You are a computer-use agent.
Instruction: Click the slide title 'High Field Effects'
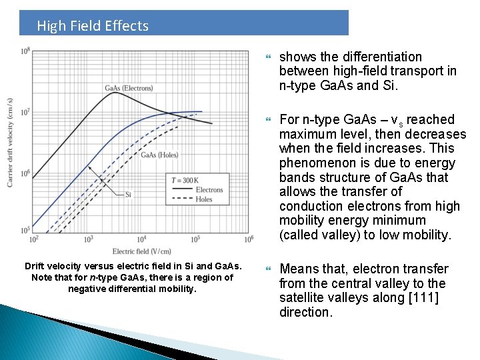[x=93, y=26]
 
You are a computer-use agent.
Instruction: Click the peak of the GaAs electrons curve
[x=116, y=93]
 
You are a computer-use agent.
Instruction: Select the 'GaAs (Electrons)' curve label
[x=129, y=88]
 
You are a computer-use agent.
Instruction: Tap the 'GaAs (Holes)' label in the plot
[x=159, y=155]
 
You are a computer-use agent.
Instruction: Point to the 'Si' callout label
[x=128, y=195]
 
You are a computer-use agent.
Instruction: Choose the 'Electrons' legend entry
[x=209, y=190]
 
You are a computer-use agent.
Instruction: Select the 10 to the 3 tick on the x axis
[x=89, y=239]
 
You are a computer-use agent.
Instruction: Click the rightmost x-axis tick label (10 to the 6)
[x=249, y=239]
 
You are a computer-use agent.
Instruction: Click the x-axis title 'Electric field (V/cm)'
[x=142, y=251]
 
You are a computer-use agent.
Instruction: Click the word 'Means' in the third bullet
[x=297, y=268]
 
